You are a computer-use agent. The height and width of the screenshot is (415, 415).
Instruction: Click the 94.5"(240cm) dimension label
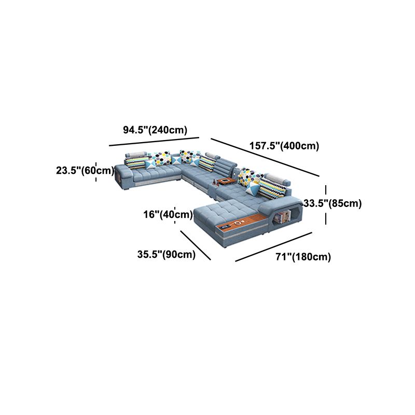[155, 130]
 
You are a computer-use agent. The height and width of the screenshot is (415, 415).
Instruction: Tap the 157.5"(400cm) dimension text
[284, 146]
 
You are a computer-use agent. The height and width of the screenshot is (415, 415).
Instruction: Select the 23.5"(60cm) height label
[85, 170]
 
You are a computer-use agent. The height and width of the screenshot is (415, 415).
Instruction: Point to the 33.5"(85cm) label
[333, 203]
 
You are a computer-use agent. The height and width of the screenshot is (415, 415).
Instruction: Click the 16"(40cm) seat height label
[168, 214]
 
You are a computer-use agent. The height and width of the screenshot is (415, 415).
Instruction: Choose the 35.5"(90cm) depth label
[167, 254]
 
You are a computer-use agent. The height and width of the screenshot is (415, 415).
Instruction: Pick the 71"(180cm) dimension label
[303, 257]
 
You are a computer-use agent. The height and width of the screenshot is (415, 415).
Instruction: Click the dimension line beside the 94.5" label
[154, 141]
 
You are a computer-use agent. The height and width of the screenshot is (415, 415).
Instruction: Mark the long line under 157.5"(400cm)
[265, 157]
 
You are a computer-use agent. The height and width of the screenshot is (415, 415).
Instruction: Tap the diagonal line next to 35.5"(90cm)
[196, 245]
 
